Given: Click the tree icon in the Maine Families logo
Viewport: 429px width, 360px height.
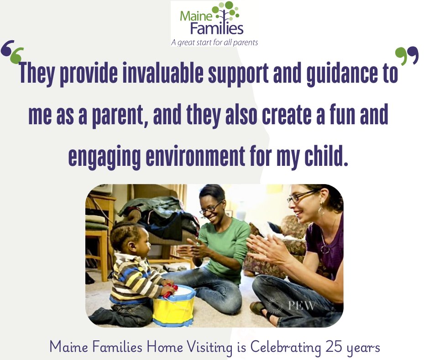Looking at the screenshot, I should (x=229, y=13).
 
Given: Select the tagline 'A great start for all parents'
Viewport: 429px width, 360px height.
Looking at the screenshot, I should (x=214, y=42).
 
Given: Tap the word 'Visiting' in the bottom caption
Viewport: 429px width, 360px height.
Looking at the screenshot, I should (x=210, y=347).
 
